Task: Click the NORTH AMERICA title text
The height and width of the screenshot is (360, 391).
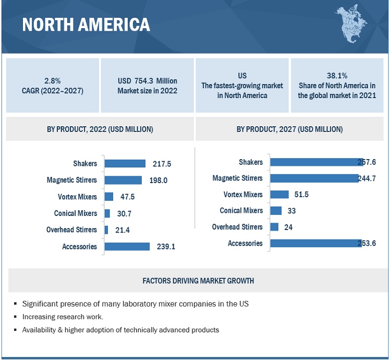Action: click(x=85, y=25)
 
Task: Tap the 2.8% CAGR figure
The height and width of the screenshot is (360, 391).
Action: click(x=52, y=81)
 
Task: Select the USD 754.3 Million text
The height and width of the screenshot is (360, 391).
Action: click(x=148, y=81)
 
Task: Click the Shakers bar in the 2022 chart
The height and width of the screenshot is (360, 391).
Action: click(x=125, y=164)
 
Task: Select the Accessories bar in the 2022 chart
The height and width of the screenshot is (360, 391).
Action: click(x=127, y=247)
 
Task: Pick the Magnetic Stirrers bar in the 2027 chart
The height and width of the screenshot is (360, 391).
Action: click(x=314, y=178)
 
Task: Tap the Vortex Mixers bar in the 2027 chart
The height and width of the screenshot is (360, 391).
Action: click(x=279, y=195)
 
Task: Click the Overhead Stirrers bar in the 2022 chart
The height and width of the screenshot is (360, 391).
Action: click(x=106, y=230)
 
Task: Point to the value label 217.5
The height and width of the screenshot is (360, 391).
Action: click(x=162, y=164)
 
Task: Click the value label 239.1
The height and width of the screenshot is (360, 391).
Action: click(x=166, y=247)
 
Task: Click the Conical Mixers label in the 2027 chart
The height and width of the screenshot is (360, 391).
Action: click(x=241, y=211)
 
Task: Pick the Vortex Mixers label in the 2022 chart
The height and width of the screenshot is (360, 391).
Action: click(x=78, y=197)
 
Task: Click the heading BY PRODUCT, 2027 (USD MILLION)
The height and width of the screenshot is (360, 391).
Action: click(x=289, y=129)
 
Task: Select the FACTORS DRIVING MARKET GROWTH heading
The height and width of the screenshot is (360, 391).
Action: click(x=198, y=281)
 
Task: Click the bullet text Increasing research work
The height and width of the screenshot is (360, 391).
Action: click(x=63, y=317)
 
